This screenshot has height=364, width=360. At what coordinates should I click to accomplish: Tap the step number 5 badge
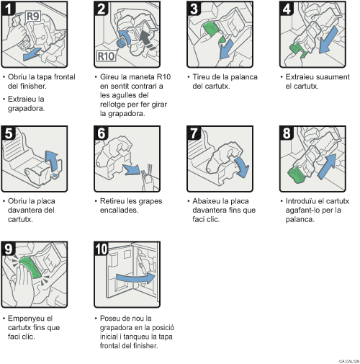tap(10, 133)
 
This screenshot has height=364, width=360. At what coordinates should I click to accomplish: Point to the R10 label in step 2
tap(107, 57)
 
